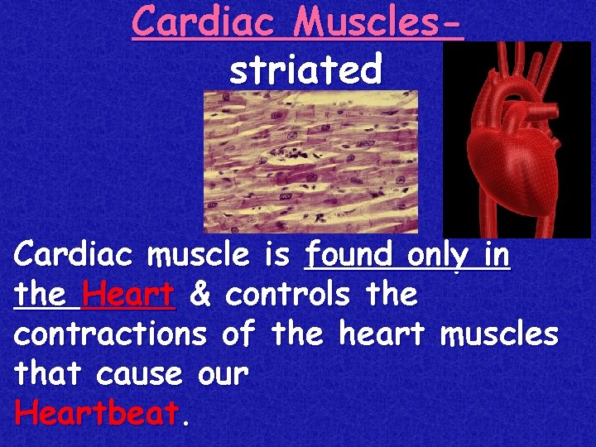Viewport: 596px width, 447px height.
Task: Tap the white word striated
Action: (x=305, y=70)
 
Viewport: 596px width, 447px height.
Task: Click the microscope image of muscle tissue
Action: (x=310, y=161)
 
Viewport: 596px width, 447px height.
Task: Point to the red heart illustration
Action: (x=517, y=141)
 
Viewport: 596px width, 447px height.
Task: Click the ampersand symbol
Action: (x=199, y=294)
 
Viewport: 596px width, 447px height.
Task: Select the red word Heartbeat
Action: (x=96, y=413)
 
